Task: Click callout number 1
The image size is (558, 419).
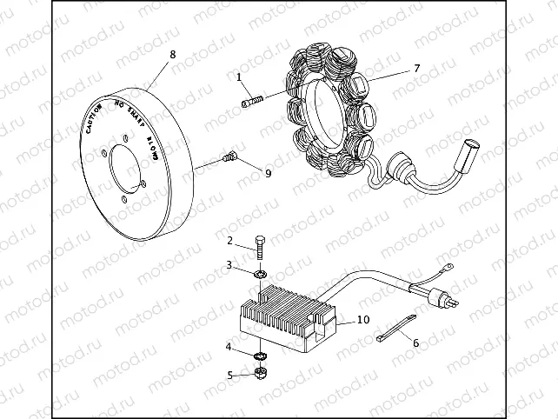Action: pos(239,77)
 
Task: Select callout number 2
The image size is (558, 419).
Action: pos(230,240)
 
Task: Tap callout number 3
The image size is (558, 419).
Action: pos(229,264)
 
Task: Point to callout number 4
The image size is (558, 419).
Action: pos(229,348)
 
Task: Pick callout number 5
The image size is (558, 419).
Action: pos(230,376)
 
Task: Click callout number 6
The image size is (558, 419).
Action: pos(415,343)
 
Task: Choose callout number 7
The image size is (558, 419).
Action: pos(416,68)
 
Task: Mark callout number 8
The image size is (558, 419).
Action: pos(172,54)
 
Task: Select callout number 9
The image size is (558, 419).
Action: pos(268,173)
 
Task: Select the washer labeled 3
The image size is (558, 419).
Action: pos(260,276)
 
